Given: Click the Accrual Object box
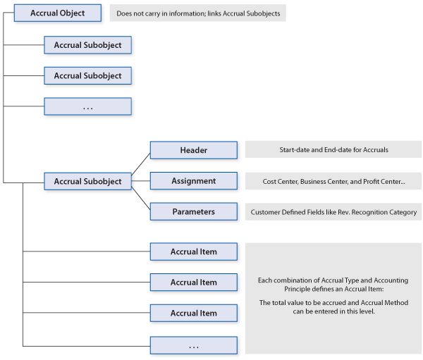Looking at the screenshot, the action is [x=58, y=13].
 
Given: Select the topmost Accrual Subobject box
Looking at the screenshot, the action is [x=88, y=45].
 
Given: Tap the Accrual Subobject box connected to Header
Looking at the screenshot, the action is [x=88, y=181].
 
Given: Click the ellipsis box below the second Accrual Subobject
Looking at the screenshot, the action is [x=88, y=106].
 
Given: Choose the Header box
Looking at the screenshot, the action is [x=194, y=150].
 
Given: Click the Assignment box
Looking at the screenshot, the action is [x=194, y=181].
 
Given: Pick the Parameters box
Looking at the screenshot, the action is [x=194, y=211].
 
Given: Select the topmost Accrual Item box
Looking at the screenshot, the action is [x=194, y=252].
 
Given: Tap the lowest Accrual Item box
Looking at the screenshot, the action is [x=194, y=313].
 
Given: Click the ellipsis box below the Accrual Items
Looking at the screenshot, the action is [x=194, y=345].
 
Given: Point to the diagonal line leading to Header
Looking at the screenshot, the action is [x=141, y=164].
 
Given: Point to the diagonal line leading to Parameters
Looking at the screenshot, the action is [x=141, y=198].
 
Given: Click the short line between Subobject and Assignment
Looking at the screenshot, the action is [x=141, y=180].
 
